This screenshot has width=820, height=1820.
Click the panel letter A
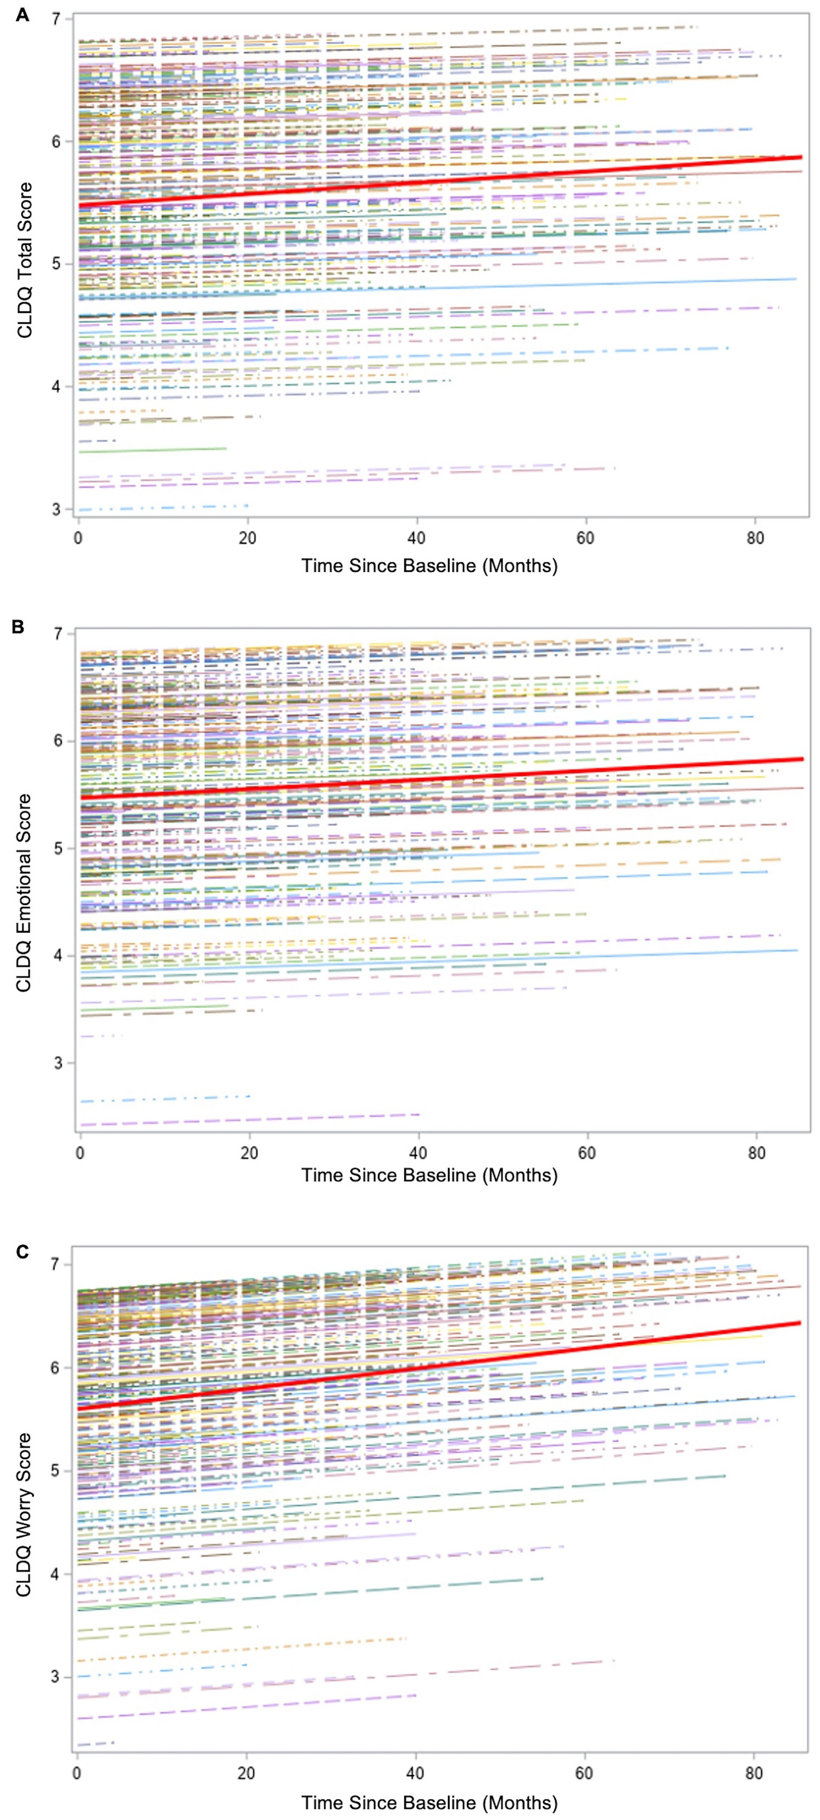tap(23, 14)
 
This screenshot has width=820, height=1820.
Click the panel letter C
tap(23, 1252)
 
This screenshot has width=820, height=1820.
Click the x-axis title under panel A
tap(430, 566)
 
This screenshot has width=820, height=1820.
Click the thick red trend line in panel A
tap(440, 181)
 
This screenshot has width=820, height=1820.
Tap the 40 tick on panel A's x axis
tap(417, 538)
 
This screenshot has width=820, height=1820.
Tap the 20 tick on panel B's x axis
tap(249, 1154)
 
